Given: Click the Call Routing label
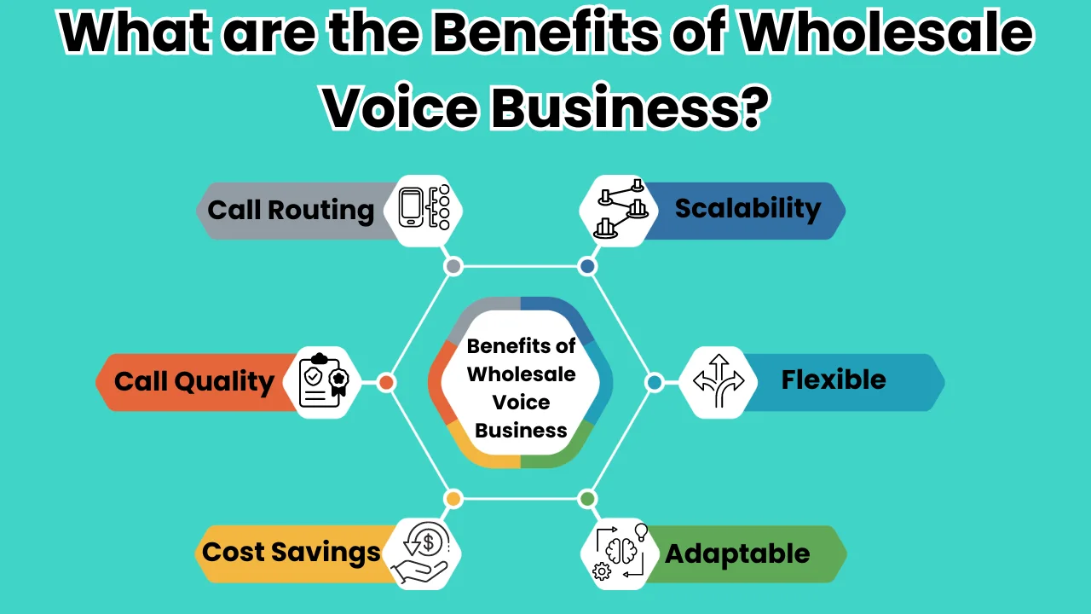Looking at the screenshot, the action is point(291,211).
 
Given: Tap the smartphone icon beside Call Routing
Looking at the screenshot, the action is point(411,207).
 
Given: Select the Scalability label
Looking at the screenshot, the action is point(748,209).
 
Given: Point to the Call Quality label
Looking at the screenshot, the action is point(193,382).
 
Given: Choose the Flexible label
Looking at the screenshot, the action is point(834,379).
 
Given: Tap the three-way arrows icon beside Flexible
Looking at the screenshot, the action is point(719,380).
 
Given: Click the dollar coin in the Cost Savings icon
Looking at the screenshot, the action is point(429,542).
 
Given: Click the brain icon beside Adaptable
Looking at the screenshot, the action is point(621,551).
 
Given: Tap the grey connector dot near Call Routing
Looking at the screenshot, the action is point(453,267).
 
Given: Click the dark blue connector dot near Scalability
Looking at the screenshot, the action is point(587,267).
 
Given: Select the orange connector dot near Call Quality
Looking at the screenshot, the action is point(386,383).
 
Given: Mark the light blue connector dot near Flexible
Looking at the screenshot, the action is point(655,383).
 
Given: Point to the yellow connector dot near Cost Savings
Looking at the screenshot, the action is point(453,499).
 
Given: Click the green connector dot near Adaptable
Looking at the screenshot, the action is point(587,499).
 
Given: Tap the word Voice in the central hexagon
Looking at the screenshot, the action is point(521,403).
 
